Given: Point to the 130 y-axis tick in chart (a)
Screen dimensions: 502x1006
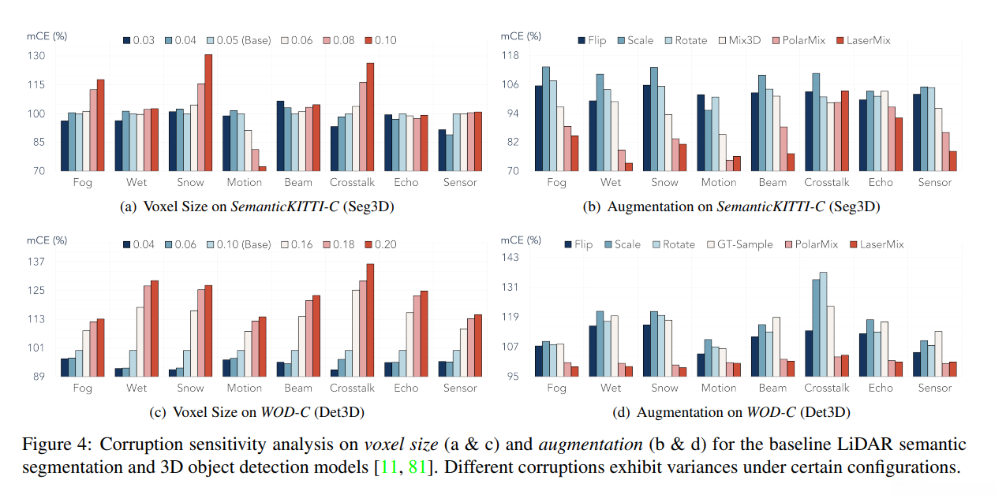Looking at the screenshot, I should tap(36, 56).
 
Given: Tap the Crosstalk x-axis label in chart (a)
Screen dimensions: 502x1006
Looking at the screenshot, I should tap(353, 183).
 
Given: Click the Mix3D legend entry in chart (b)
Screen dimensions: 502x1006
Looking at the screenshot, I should tap(739, 39).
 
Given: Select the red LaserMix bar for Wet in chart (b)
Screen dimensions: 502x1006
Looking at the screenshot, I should tap(629, 166).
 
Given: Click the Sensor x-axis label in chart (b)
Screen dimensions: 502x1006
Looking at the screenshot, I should tap(934, 183).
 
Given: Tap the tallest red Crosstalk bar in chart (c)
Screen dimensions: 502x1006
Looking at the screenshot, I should tap(370, 319).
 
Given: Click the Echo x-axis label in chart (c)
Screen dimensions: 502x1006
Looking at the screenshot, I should tap(406, 388).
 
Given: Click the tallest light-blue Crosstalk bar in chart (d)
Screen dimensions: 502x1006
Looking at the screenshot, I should tap(823, 324).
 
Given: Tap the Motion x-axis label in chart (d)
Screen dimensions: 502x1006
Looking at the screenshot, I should tap(719, 388).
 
